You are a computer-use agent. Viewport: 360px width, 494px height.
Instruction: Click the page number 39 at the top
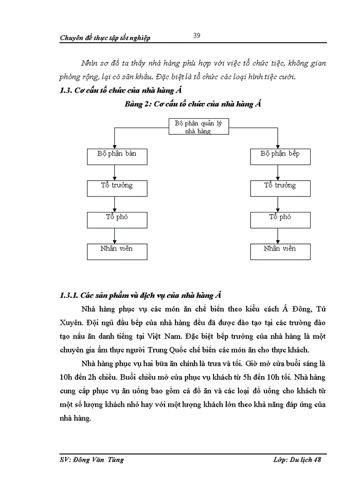pyautogui.click(x=196, y=36)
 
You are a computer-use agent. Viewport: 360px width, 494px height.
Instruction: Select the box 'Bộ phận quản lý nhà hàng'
pyautogui.click(x=199, y=127)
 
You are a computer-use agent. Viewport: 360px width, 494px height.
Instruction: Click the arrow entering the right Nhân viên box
pyautogui.click(x=278, y=236)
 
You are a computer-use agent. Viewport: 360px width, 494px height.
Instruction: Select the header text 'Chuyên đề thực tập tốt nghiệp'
pyautogui.click(x=105, y=38)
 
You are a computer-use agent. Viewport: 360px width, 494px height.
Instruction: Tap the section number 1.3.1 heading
pyautogui.click(x=69, y=295)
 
